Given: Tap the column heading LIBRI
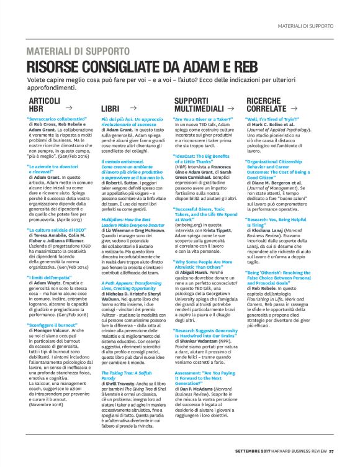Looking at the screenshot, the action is pyautogui.click(x=110, y=108).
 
